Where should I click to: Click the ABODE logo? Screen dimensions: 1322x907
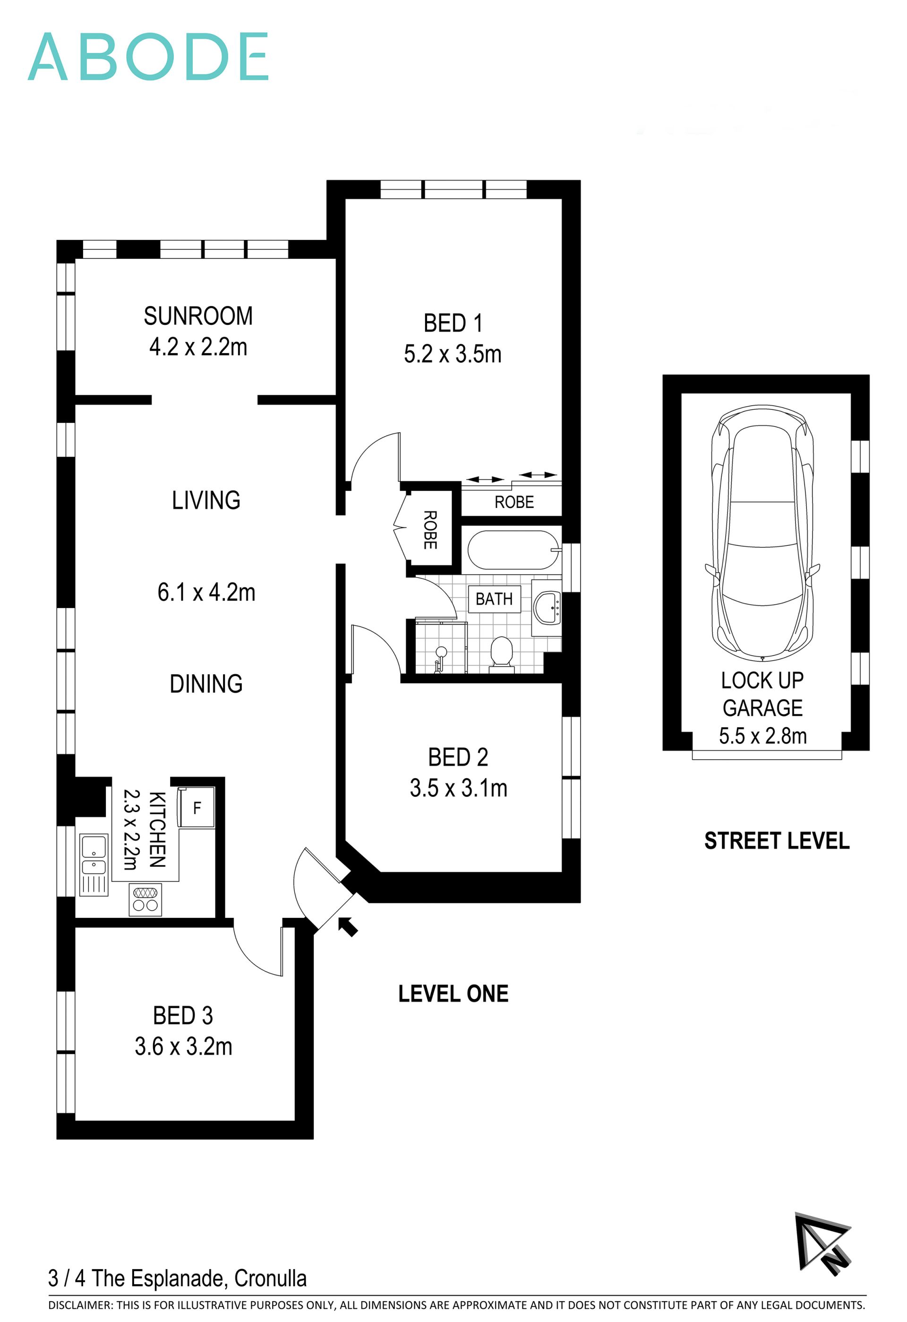(148, 56)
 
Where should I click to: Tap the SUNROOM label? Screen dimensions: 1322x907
(198, 316)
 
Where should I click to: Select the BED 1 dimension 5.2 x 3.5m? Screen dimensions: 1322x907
(453, 355)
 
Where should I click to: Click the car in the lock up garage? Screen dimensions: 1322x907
(762, 533)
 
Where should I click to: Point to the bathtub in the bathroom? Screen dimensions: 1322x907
(512, 550)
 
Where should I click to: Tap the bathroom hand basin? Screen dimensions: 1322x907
(547, 608)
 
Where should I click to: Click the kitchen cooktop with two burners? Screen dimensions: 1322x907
(145, 899)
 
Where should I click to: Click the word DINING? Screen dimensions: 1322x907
(206, 684)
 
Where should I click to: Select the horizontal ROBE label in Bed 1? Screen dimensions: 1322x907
(514, 502)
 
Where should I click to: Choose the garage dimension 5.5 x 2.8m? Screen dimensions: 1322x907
(762, 736)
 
